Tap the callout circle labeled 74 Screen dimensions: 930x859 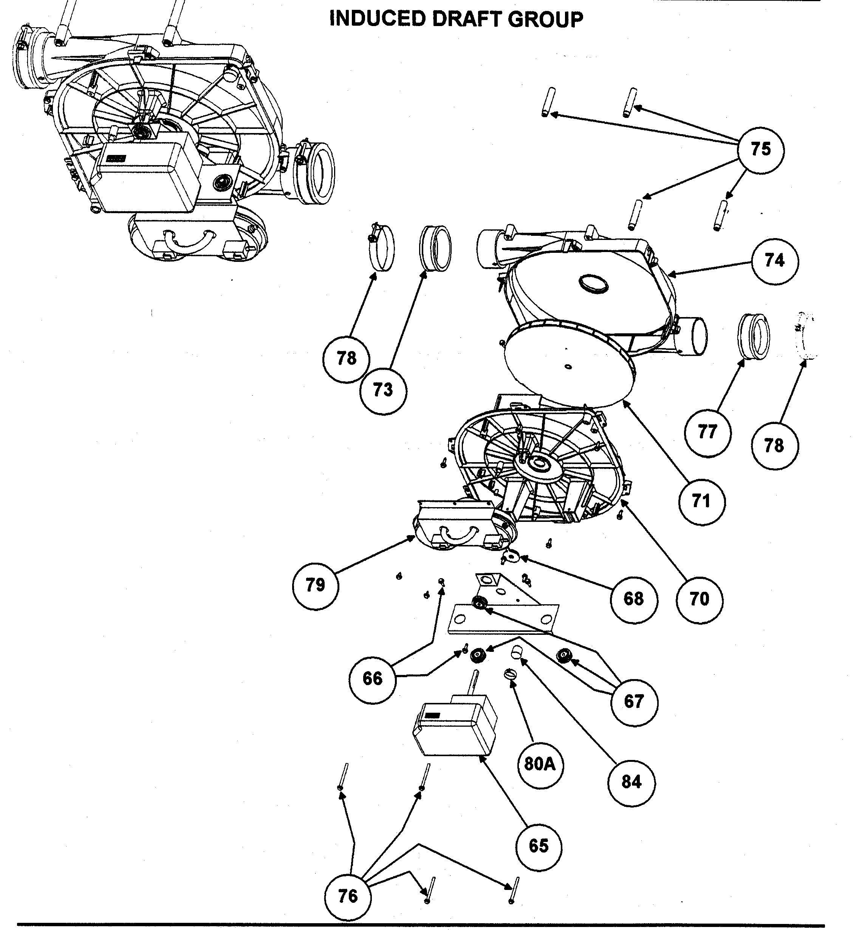click(x=774, y=261)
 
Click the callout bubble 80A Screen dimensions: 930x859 click(x=540, y=764)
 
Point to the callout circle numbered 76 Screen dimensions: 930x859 click(x=348, y=896)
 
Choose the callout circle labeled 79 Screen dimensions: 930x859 click(x=316, y=585)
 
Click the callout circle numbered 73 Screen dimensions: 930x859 click(x=383, y=390)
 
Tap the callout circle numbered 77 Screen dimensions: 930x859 click(x=707, y=433)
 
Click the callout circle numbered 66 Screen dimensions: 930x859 click(x=372, y=679)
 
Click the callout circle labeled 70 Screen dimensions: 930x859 click(x=700, y=600)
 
